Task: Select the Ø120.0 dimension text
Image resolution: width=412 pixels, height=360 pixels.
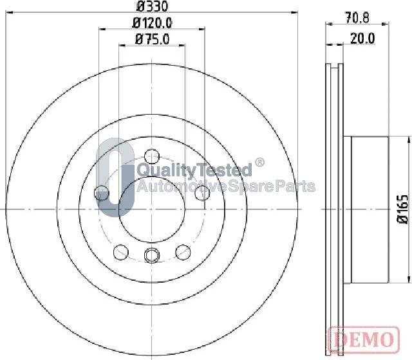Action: [153, 24]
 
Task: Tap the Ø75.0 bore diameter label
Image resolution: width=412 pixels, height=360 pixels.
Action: [153, 40]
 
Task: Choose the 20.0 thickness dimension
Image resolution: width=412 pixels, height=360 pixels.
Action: [362, 39]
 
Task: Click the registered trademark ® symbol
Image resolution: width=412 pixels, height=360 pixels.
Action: [259, 162]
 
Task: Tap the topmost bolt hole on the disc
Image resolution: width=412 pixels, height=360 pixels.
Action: [151, 156]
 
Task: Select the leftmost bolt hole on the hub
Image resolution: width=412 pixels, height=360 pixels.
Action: [101, 192]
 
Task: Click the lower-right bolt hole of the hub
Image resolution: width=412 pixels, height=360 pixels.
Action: [183, 251]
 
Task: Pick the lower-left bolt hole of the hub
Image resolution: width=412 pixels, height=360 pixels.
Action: [120, 251]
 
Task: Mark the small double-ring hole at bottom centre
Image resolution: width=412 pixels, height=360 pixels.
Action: [151, 256]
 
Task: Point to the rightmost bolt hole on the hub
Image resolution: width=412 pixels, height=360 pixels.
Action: [201, 191]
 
